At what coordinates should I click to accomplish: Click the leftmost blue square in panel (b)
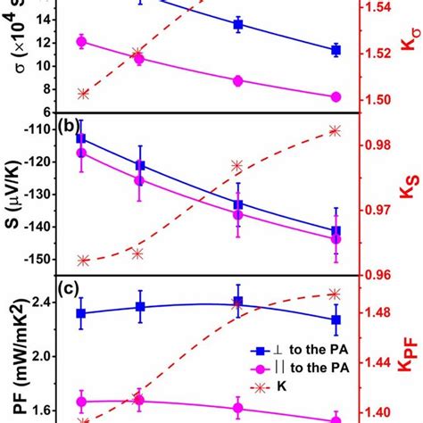(x=81, y=138)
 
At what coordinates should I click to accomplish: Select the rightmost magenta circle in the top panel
(x=336, y=96)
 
